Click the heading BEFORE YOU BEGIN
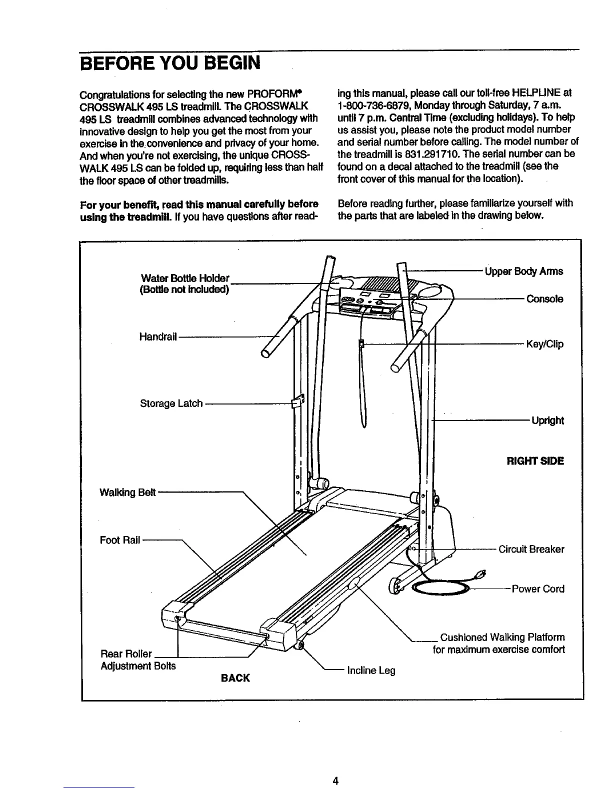click(170, 63)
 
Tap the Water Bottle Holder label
click(185, 278)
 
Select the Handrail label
click(158, 336)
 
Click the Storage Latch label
click(171, 403)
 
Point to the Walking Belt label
click(128, 492)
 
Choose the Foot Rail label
click(120, 540)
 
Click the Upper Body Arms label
click(524, 271)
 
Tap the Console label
click(544, 299)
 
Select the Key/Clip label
click(544, 344)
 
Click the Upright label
click(547, 420)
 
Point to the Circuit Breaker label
click(531, 549)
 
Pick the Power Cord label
click(537, 589)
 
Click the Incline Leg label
click(371, 670)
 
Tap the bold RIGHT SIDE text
click(535, 460)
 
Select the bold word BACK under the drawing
click(235, 678)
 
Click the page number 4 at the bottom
click(336, 780)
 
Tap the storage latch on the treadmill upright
click(297, 401)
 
